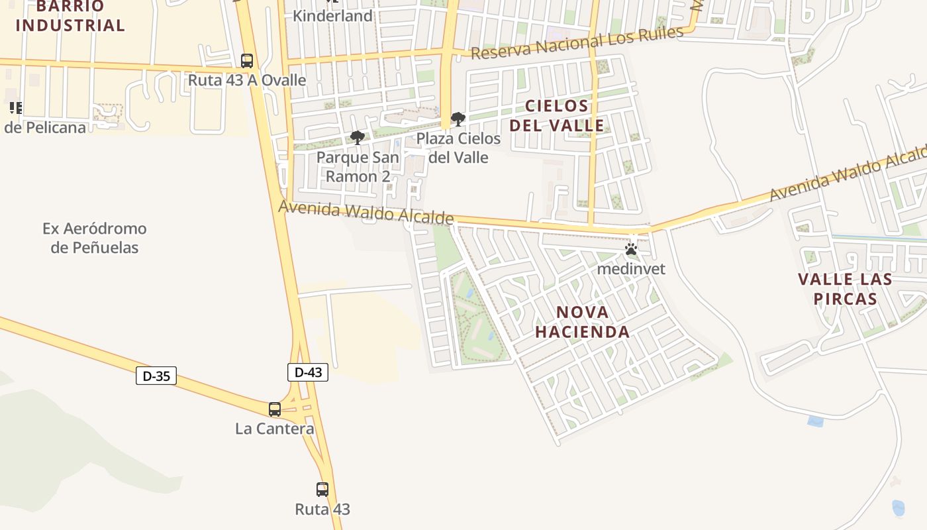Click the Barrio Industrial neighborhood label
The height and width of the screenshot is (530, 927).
point(70,17)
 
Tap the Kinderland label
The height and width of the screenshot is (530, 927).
point(332,15)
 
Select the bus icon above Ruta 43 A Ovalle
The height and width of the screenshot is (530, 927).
point(247,61)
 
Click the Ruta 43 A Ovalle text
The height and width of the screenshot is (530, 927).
point(247,80)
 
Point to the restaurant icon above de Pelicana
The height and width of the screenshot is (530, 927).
point(15,108)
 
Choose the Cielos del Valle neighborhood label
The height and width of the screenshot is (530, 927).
point(556,115)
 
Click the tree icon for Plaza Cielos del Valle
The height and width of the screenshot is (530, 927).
point(458,120)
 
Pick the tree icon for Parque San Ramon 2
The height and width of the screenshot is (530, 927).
point(358,138)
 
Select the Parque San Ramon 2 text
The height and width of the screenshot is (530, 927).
point(358,167)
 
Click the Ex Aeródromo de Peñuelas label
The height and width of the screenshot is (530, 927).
point(95,238)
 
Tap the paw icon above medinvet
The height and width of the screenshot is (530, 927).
point(631,250)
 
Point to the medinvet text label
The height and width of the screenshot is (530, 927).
point(631,269)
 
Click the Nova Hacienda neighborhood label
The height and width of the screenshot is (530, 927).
point(582,322)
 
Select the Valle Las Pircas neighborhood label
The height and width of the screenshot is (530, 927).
point(845,289)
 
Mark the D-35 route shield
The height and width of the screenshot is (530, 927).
point(156,376)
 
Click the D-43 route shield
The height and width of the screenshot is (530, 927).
point(308,372)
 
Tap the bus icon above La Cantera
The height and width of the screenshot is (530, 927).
point(275,409)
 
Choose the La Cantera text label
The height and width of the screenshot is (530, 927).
point(275,429)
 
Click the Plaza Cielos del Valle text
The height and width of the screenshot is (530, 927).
point(458,148)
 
